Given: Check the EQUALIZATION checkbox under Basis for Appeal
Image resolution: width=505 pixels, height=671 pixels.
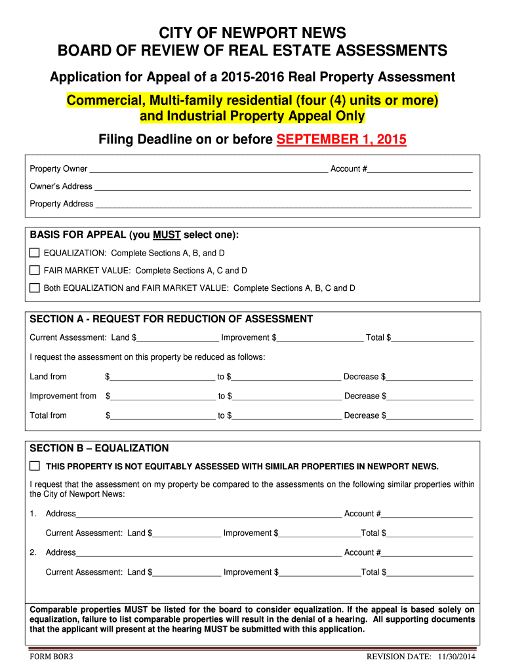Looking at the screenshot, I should pos(35,253).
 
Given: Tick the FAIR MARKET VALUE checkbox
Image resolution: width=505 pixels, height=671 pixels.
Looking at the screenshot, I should pos(35,270).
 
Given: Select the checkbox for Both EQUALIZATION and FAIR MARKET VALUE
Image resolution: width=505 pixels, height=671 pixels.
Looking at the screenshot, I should pos(35,288).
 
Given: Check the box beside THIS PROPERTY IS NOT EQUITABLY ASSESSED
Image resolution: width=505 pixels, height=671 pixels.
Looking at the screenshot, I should pos(35,466).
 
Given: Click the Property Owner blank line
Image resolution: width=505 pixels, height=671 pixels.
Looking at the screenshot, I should pos(208,170).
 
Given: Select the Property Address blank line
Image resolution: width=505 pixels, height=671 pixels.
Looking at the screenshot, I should pos(283,205).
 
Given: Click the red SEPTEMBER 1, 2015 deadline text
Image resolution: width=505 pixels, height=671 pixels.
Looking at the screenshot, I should pos(342,140).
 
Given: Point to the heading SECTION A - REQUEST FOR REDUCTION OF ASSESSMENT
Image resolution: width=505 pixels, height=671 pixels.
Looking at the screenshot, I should pos(171,319).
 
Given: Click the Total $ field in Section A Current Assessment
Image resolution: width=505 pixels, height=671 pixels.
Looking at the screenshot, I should pos(432,339).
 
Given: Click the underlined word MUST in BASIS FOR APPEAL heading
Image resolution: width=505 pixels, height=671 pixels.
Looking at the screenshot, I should pos(167,235).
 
